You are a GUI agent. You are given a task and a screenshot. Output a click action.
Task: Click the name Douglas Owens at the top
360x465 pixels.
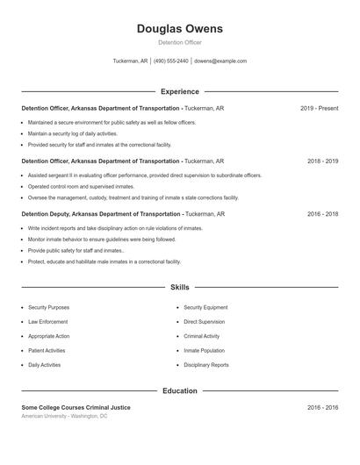point(179,29)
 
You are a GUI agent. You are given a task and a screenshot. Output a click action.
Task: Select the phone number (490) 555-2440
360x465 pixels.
point(170,61)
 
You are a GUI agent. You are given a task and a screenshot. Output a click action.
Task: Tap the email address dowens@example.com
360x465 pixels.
point(220,61)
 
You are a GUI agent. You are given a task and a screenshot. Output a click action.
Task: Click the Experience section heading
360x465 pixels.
point(179,91)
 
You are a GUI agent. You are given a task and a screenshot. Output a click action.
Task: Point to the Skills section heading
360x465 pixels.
point(179,287)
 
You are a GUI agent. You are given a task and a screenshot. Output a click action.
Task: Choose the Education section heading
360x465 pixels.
point(179,390)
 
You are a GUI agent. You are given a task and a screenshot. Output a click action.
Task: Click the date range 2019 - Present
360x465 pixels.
point(319,108)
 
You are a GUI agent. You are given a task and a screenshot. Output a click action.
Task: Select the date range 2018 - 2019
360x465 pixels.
point(322,161)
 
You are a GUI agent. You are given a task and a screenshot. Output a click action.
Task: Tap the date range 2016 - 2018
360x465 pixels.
point(322,214)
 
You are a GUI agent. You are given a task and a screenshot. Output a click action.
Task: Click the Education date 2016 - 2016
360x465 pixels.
point(322,407)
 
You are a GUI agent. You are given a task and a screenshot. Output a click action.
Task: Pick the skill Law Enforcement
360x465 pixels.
point(48,322)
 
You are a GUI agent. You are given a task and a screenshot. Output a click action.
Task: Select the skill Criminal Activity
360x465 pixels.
point(202,336)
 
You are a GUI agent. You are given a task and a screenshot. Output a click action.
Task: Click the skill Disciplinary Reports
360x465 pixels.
point(206,365)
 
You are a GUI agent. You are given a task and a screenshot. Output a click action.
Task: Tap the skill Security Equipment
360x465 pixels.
point(205,308)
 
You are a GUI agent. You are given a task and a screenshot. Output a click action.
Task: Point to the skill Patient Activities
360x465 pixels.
point(47,351)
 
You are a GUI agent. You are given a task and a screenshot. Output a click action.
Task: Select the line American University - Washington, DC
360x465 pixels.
point(64,416)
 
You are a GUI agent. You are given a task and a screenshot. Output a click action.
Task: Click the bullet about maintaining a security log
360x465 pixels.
point(72,134)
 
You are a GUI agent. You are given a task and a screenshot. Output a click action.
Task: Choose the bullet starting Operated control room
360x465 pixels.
point(81,187)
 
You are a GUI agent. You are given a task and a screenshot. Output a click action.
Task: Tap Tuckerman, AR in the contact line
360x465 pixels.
point(130,61)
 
